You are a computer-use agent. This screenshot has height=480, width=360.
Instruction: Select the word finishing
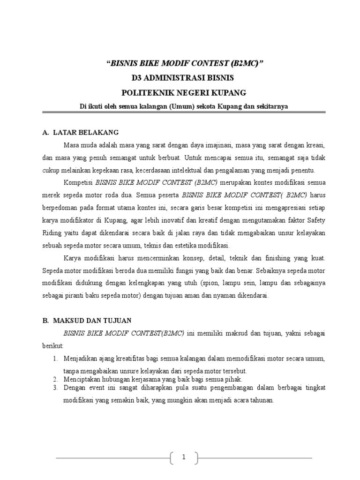(270, 258)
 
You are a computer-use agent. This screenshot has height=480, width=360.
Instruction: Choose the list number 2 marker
(55, 379)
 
